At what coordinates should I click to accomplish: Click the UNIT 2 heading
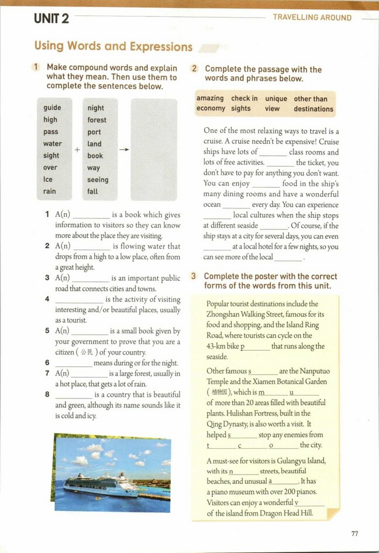[51, 19]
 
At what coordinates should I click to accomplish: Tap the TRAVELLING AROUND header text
[312, 18]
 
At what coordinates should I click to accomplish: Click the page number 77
[354, 533]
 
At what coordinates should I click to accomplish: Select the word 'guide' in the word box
[52, 108]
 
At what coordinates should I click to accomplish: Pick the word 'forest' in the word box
[97, 120]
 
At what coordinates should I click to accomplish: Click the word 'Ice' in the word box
[48, 180]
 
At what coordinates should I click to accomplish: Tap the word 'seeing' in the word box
[98, 180]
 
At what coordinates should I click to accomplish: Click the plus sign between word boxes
[77, 150]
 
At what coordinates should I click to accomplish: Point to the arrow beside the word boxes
[124, 150]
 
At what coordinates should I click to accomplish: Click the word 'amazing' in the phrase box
[210, 98]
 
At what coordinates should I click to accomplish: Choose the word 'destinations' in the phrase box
[313, 109]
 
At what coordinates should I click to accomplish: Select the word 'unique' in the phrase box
[276, 99]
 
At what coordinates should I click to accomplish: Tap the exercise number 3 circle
[194, 276]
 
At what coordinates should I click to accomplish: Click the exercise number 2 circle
[195, 69]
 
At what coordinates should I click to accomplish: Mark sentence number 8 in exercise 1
[47, 394]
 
